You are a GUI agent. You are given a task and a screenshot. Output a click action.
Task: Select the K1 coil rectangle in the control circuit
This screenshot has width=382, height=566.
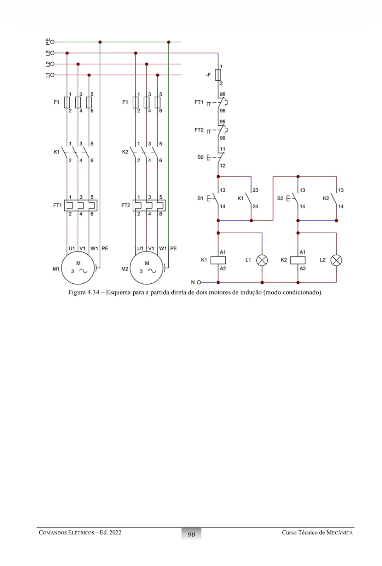click(218, 260)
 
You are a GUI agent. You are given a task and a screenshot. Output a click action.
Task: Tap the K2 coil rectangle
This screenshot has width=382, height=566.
click(298, 260)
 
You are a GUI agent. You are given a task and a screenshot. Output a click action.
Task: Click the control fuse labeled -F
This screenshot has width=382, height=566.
click(218, 75)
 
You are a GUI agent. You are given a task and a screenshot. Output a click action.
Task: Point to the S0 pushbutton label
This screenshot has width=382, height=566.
click(200, 157)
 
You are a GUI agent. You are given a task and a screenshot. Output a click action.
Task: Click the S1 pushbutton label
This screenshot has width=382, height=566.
click(200, 198)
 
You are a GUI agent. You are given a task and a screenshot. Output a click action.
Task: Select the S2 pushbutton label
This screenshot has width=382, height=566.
click(280, 198)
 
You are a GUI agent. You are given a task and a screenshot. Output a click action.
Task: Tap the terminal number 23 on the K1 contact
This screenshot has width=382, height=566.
click(255, 190)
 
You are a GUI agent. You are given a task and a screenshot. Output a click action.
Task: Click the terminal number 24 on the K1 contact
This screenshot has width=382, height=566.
click(255, 207)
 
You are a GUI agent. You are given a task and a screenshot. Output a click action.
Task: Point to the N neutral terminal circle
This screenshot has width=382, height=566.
click(199, 282)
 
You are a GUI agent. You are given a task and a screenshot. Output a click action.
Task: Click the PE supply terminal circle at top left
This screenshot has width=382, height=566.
click(52, 42)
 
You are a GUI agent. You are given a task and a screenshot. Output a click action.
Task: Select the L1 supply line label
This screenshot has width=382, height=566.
click(48, 75)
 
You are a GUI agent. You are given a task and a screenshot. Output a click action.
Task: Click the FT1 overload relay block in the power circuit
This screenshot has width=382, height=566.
click(81, 206)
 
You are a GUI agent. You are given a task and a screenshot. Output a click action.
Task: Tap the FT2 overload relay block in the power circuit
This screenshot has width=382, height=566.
click(149, 206)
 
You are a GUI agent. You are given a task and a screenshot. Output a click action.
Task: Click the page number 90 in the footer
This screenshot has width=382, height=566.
click(191, 534)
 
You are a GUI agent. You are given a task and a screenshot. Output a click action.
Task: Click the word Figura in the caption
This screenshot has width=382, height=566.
click(77, 293)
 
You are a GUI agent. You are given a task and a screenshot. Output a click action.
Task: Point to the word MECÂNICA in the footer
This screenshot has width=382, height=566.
click(339, 533)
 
